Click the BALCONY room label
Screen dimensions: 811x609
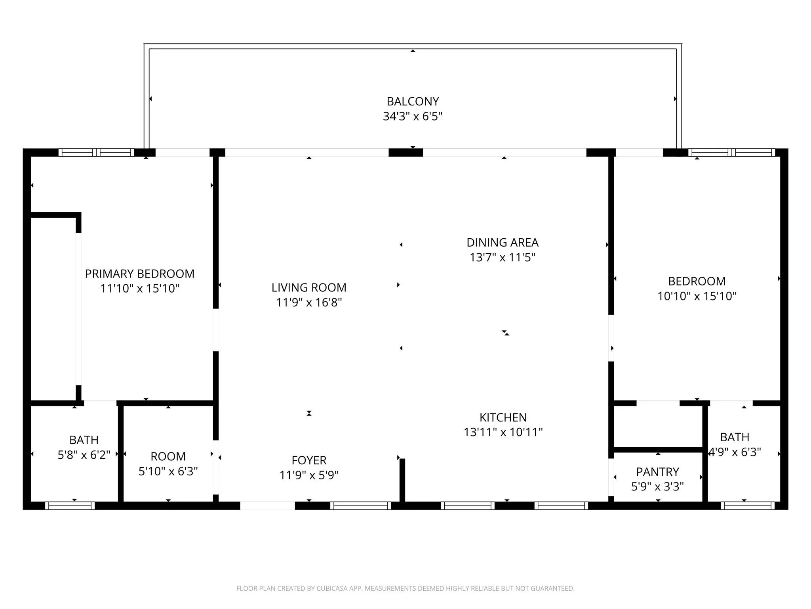point(413,101)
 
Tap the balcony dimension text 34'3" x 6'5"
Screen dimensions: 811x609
point(413,116)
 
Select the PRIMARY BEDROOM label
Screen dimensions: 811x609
point(140,274)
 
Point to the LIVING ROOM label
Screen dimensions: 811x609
point(309,287)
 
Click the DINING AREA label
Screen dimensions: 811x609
point(503,242)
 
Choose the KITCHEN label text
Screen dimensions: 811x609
point(503,417)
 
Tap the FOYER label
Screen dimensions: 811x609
point(309,460)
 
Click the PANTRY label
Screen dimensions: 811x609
point(657,472)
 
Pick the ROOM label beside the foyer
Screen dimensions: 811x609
point(168,456)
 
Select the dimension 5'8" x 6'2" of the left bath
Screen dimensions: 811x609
point(84,455)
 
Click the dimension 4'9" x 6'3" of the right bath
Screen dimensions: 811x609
point(735,452)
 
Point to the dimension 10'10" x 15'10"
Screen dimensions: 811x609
point(697,296)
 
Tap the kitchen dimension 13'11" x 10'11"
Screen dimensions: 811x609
point(503,432)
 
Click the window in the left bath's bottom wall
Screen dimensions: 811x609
point(70,506)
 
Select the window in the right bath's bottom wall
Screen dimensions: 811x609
point(748,506)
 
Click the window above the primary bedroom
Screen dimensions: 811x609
point(97,152)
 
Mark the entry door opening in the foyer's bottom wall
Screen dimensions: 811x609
point(268,506)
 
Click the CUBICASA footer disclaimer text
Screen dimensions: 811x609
point(405,588)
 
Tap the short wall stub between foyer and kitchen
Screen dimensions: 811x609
point(402,480)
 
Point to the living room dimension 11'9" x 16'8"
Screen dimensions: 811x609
point(309,303)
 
